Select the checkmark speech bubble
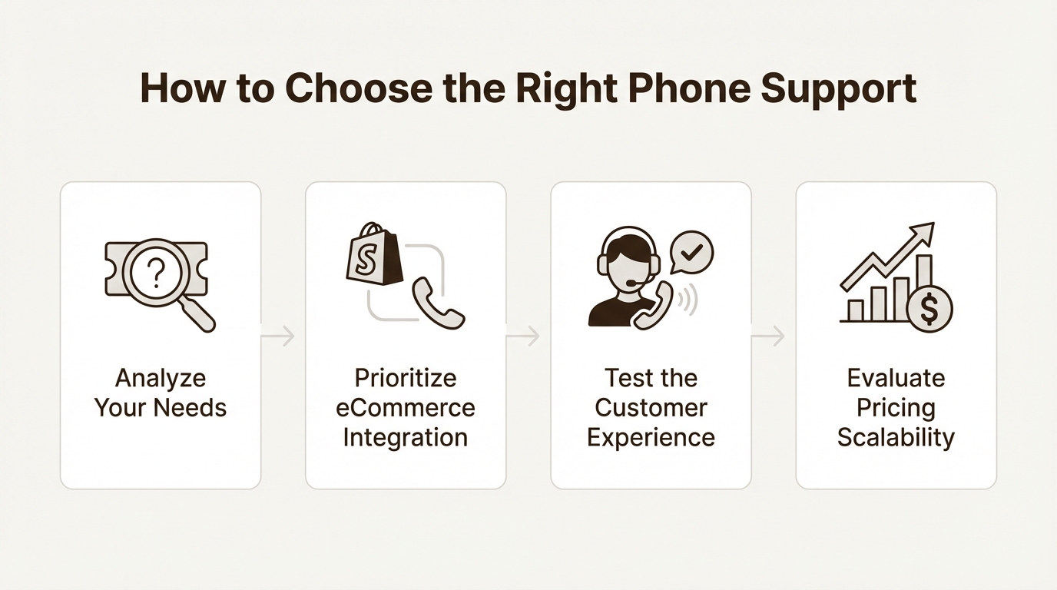point(692,252)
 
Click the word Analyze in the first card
point(161,378)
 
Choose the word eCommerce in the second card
point(406,407)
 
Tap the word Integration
point(406,437)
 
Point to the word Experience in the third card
point(651,437)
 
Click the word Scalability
point(896,437)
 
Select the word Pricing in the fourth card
point(896,407)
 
